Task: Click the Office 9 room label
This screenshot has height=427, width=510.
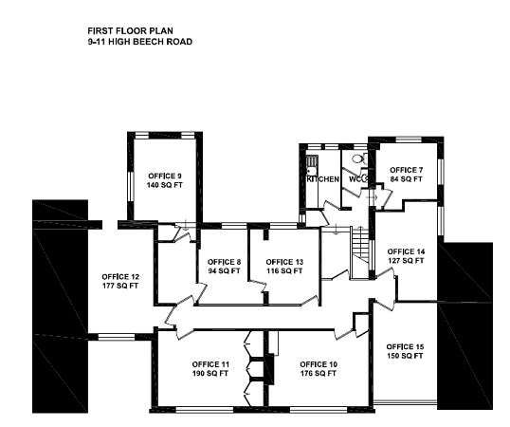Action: click(165, 176)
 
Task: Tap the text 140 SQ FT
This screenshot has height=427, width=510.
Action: click(165, 185)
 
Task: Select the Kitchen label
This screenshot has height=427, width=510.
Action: click(323, 179)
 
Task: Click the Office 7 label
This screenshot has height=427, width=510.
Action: click(407, 170)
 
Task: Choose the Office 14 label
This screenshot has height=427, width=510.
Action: click(406, 251)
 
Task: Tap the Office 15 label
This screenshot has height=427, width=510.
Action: click(405, 346)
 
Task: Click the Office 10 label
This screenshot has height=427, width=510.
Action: click(319, 364)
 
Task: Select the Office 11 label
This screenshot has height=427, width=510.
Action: click(210, 364)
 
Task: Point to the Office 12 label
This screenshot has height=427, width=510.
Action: click(120, 277)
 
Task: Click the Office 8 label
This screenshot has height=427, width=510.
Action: click(224, 262)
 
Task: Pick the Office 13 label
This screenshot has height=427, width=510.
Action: click(284, 262)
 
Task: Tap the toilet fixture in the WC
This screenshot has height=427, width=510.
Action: click(358, 158)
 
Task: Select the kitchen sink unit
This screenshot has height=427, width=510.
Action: click(311, 166)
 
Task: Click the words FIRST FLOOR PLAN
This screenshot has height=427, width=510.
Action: click(130, 31)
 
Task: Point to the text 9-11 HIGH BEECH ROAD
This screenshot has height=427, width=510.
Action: click(140, 42)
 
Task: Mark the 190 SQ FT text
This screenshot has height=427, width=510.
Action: click(210, 373)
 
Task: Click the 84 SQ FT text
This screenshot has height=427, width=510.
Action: click(407, 179)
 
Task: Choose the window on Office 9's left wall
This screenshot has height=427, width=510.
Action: click(131, 185)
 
